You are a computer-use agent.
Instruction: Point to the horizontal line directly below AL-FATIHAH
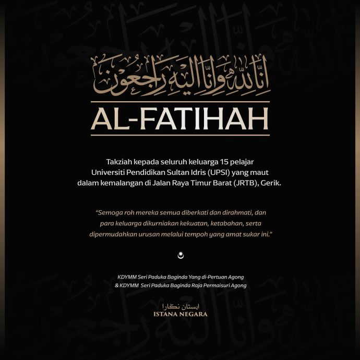pyautogui.click(x=180, y=135)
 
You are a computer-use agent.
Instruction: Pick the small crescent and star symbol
pyautogui.click(x=181, y=255)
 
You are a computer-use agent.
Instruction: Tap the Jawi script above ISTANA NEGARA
pyautogui.click(x=180, y=305)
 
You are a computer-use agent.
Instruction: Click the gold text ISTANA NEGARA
pyautogui.click(x=180, y=314)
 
